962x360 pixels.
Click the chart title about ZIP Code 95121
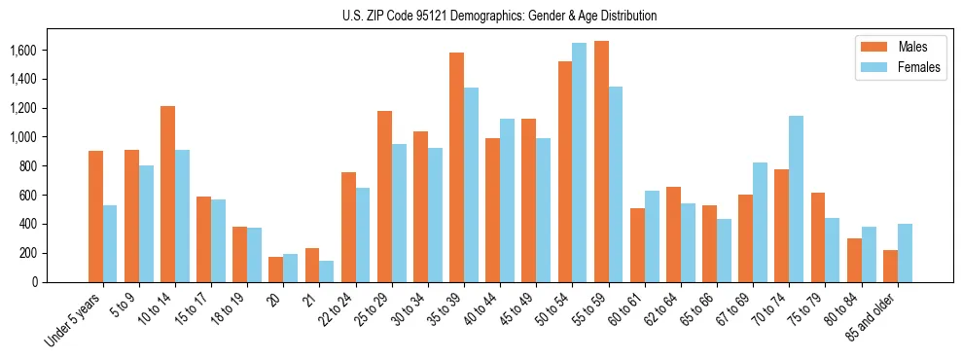pos(500,16)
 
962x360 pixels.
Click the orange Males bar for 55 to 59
pos(601,162)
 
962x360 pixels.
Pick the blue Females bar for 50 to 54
pos(580,162)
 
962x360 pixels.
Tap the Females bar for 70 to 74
pos(797,198)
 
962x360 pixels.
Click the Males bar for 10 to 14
pos(167,194)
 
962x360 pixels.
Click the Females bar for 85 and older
pos(905,253)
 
